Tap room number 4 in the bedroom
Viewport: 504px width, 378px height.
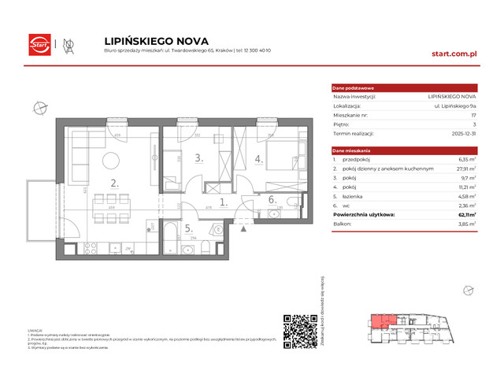[258, 158]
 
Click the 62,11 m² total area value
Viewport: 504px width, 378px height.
[448, 213]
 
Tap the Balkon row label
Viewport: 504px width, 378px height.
[343, 224]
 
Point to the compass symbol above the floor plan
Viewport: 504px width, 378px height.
[37, 108]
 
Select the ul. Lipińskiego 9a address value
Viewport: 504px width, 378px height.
[436, 105]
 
